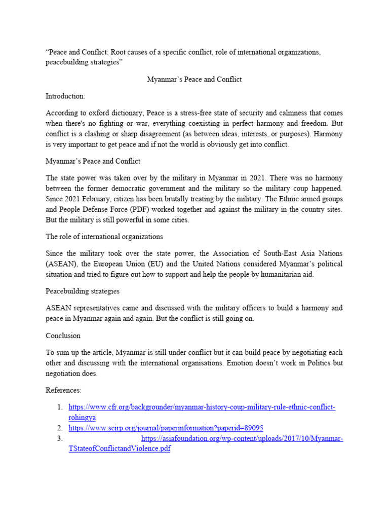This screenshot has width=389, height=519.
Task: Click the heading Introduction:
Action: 65,96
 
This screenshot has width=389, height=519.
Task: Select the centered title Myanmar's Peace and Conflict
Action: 194,79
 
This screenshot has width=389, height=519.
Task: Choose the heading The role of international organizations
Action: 104,236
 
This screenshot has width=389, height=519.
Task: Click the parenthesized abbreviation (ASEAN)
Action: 61,264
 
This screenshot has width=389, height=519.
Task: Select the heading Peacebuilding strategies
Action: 82,291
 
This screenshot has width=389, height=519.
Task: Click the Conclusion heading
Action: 63,336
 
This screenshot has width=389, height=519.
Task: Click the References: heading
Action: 64,390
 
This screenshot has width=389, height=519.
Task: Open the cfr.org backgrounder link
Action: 202,407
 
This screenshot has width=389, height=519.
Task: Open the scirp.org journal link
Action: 166,428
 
